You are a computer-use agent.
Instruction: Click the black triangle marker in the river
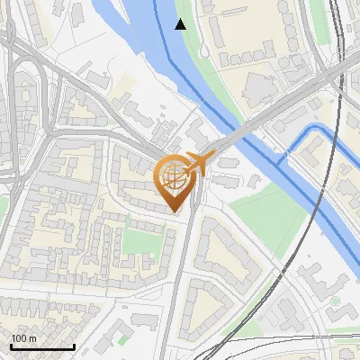(x=181, y=24)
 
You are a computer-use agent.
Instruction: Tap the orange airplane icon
(x=196, y=164)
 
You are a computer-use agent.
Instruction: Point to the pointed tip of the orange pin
(x=175, y=211)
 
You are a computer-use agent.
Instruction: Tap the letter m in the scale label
(x=32, y=338)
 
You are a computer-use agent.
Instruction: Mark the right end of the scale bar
(x=74, y=347)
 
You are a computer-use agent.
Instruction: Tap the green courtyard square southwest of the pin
(x=138, y=241)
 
